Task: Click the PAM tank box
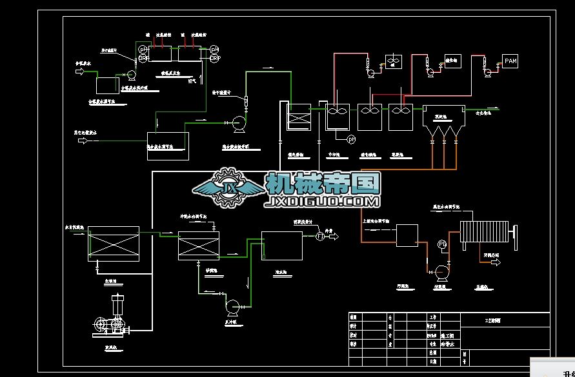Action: (510, 61)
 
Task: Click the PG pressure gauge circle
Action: (442, 244)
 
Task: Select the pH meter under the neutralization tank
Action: (352, 139)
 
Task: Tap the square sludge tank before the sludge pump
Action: (407, 235)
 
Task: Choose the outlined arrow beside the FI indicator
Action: (333, 237)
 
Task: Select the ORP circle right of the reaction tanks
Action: (215, 58)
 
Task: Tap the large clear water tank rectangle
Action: (282, 246)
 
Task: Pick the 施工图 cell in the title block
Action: (447, 336)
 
